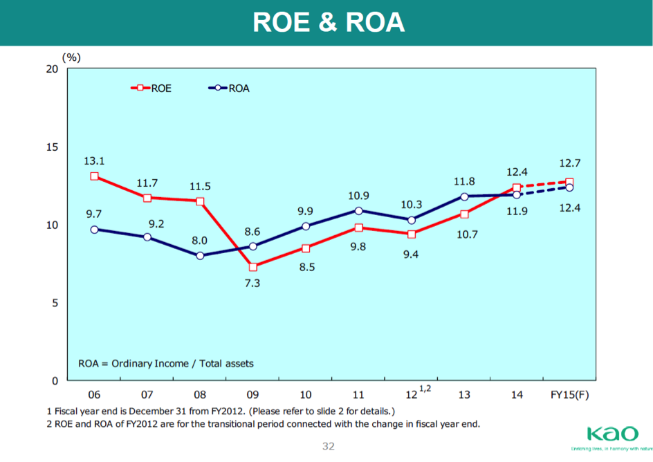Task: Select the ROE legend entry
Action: click(x=151, y=88)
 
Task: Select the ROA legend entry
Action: click(x=230, y=88)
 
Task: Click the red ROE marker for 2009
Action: click(x=253, y=267)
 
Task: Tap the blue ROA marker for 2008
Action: click(x=200, y=256)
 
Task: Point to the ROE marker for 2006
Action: click(x=94, y=176)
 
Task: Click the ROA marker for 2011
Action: click(x=358, y=210)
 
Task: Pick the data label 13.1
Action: click(x=94, y=160)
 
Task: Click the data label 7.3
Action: click(x=252, y=284)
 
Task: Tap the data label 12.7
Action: click(x=570, y=164)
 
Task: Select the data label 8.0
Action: click(x=199, y=241)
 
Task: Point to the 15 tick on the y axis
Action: click(x=51, y=147)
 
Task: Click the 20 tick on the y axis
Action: click(x=51, y=68)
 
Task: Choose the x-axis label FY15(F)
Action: click(x=569, y=395)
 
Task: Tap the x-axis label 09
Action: click(x=252, y=395)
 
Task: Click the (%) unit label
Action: click(x=72, y=57)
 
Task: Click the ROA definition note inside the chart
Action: click(x=166, y=363)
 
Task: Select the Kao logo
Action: click(x=612, y=434)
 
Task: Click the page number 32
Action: click(x=329, y=446)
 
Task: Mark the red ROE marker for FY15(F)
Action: click(x=569, y=183)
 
